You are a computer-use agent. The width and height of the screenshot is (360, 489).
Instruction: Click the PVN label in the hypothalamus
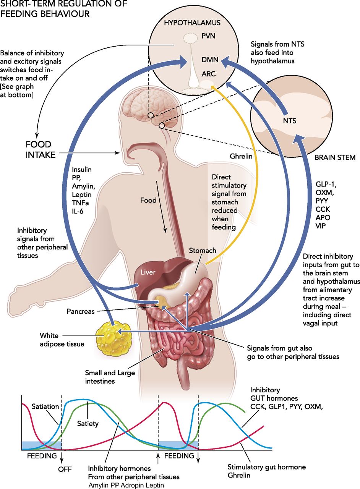coord(208,37)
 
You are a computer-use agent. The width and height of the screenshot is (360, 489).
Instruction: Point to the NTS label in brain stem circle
coord(289,121)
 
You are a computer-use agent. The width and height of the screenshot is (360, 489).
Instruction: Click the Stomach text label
coord(203,251)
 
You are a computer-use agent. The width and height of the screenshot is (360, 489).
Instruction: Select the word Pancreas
coord(81,311)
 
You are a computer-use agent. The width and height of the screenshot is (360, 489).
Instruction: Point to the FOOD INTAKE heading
coord(44,150)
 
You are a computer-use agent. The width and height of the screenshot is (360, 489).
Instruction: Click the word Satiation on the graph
coord(45,406)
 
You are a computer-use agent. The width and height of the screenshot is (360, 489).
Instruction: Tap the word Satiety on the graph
coord(88,423)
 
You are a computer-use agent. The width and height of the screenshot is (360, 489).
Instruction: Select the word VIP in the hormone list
coord(320,225)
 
